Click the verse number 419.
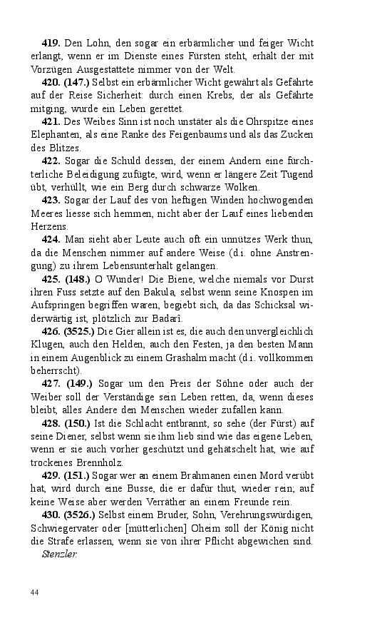tap(52, 44)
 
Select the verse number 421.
tap(52, 122)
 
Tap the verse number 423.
tap(52, 200)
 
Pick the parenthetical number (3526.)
tap(82, 514)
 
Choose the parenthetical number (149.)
tap(80, 383)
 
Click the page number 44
tap(34, 592)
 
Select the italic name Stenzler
tap(59, 553)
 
